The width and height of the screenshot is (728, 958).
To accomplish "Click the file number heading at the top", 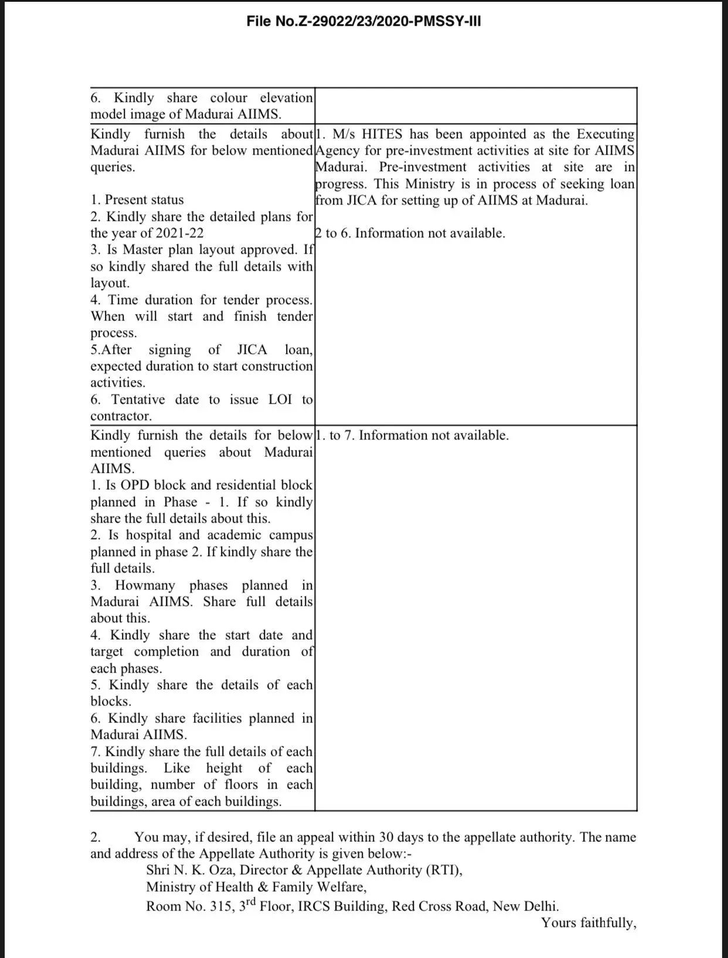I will coord(364,22).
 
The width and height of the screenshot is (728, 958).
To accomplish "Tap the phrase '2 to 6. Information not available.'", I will coord(410,233).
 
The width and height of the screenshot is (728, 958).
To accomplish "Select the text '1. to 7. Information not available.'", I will coord(412,435).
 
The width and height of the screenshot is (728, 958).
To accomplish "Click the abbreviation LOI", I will coord(280,400).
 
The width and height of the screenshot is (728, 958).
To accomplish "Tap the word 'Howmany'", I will coord(145,585).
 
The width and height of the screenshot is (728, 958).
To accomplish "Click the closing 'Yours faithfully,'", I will coord(588,923).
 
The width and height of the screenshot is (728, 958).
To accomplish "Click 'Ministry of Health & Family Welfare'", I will coord(256,887).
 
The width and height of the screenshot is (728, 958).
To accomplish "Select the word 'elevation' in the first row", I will coord(286,98).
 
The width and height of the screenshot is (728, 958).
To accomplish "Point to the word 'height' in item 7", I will coord(224,768).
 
